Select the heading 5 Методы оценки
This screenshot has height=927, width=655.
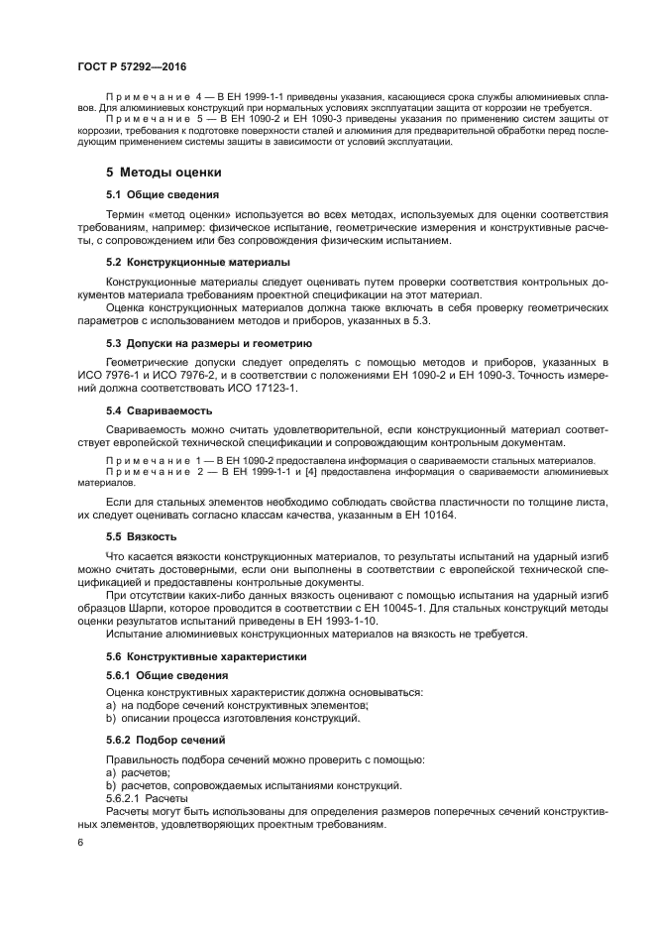(x=164, y=173)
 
